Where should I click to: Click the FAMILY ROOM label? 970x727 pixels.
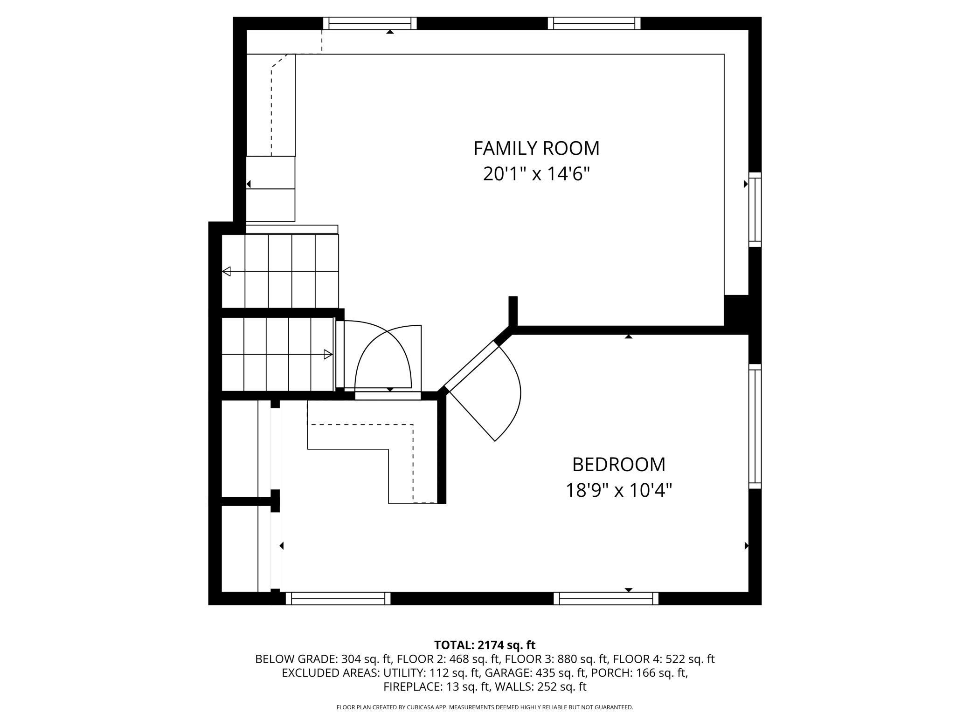pyautogui.click(x=536, y=148)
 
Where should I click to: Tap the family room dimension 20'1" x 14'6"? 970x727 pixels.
pyautogui.click(x=536, y=174)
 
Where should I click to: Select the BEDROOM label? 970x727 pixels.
pyautogui.click(x=618, y=465)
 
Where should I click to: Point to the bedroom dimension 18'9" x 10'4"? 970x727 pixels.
pyautogui.click(x=618, y=490)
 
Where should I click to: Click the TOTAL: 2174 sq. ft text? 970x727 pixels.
pyautogui.click(x=485, y=645)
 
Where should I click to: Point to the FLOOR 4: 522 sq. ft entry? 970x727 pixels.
pyautogui.click(x=664, y=659)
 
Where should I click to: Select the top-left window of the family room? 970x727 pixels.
pyautogui.click(x=370, y=23)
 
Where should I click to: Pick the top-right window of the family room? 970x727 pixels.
pyautogui.click(x=594, y=23)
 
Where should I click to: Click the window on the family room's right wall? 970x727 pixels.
pyautogui.click(x=755, y=210)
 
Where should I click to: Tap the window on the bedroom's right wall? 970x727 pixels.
pyautogui.click(x=755, y=426)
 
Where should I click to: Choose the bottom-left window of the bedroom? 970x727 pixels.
pyautogui.click(x=338, y=598)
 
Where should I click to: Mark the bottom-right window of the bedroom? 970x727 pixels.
pyautogui.click(x=606, y=598)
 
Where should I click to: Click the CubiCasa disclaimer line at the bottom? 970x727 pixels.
pyautogui.click(x=485, y=707)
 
